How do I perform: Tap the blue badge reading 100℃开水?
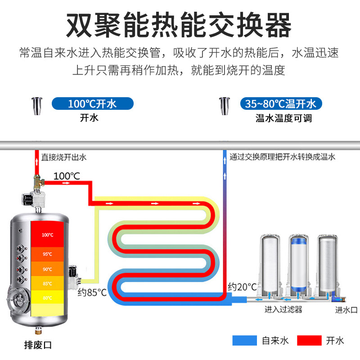[93, 104]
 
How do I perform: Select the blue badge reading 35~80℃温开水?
[281, 104]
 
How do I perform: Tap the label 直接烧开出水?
[63, 157]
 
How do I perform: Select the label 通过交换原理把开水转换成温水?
[282, 157]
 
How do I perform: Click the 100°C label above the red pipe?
[67, 176]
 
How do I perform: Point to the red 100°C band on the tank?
[48, 235]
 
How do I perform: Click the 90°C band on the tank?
[48, 269]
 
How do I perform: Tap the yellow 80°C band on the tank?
[48, 297]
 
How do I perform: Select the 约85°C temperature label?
[92, 293]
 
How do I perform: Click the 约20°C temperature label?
[242, 287]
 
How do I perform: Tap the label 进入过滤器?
[283, 310]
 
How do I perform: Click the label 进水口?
[346, 310]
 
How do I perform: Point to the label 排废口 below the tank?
[38, 345]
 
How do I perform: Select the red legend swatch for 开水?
[309, 341]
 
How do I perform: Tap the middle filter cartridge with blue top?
[297, 263]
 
